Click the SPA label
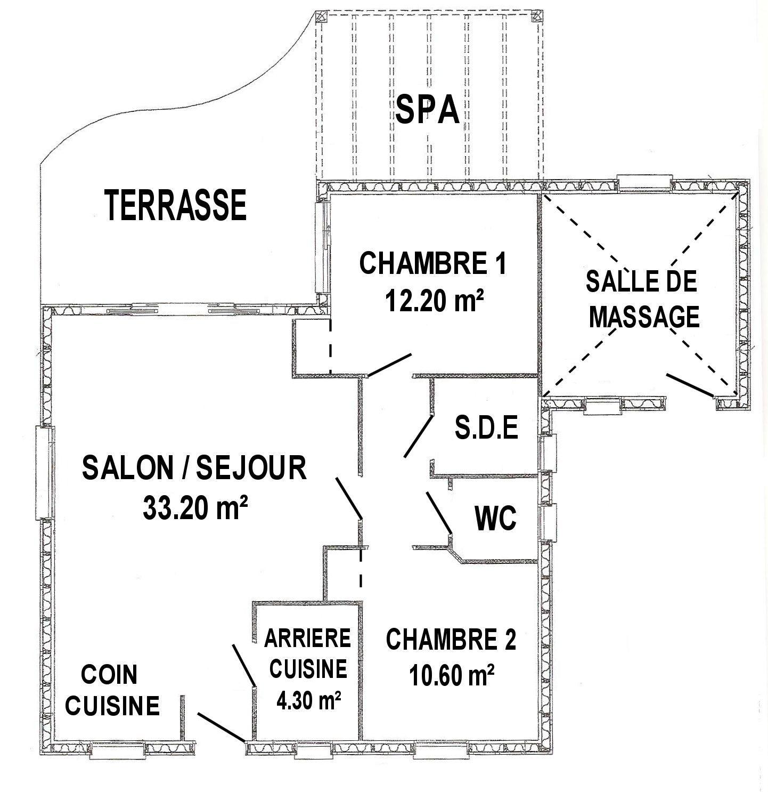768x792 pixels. tap(428, 109)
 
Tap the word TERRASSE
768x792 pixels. tap(176, 205)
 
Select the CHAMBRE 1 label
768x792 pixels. tap(433, 263)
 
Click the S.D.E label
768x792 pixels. tap(486, 428)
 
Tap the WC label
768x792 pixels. tap(495, 518)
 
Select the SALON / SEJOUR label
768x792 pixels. tap(194, 468)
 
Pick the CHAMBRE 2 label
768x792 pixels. tap(451, 640)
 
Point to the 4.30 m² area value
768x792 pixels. tap(308, 700)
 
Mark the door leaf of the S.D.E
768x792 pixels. tap(418, 435)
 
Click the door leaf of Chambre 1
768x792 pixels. tap(389, 364)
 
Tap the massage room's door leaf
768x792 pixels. tap(690, 384)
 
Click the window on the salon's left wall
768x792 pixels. tap(44, 472)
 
